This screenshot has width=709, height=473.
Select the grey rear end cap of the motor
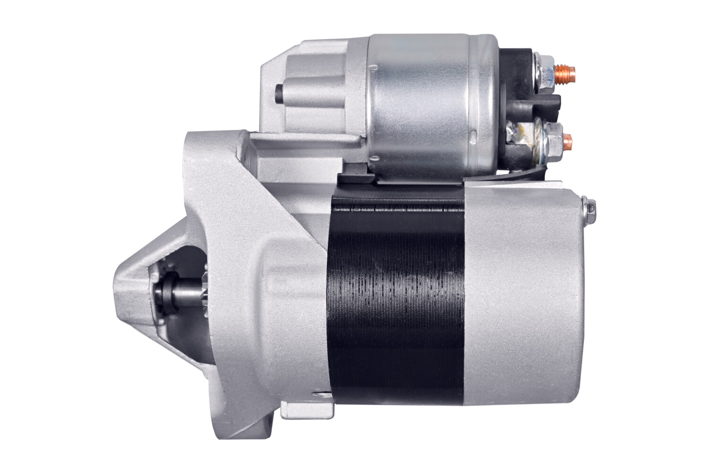click(x=525, y=303)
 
